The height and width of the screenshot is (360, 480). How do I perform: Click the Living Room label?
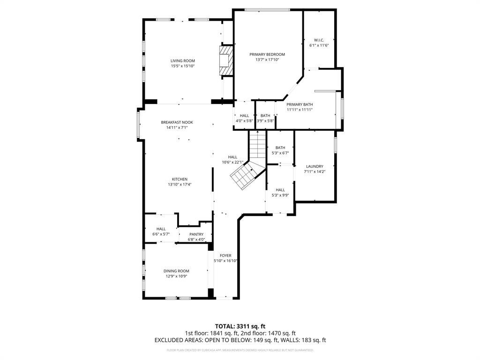(x=182, y=60)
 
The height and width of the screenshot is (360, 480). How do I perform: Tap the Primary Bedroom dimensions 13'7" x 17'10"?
(x=267, y=60)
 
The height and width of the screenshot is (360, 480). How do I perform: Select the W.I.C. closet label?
(x=319, y=40)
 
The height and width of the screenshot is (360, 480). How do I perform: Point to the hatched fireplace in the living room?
(x=226, y=60)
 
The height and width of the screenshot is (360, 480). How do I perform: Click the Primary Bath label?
(x=300, y=105)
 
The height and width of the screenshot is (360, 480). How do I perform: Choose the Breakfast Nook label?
(x=177, y=122)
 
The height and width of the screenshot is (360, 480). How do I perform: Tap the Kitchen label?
(x=180, y=179)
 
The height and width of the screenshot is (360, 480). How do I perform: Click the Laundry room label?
(x=315, y=166)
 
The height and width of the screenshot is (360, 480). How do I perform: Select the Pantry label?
(x=196, y=234)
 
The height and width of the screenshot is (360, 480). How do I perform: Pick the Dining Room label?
(x=176, y=271)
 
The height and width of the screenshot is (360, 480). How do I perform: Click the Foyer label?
(x=225, y=255)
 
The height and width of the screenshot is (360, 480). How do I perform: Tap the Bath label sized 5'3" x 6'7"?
(x=280, y=148)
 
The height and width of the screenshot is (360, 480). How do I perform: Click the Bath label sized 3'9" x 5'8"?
(x=265, y=115)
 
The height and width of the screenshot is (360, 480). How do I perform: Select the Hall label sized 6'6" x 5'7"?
(x=161, y=229)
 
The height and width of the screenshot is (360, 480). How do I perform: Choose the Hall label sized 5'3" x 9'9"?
(x=280, y=190)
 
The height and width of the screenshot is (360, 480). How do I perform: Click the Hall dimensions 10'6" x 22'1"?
(x=232, y=162)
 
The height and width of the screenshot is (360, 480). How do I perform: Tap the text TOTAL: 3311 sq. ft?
(x=240, y=326)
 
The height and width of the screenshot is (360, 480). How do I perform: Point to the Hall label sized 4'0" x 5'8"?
(x=244, y=115)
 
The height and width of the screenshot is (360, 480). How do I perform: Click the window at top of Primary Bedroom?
(x=267, y=10)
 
